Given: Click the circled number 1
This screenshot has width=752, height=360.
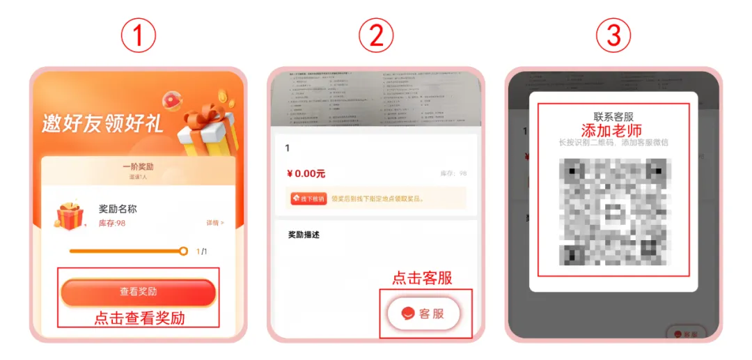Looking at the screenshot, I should tap(138, 35).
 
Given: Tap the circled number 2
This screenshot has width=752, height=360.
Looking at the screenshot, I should tap(376, 35).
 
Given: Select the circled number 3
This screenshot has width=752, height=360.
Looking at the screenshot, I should tap(613, 35).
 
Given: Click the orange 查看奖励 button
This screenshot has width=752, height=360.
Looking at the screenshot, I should tap(138, 292).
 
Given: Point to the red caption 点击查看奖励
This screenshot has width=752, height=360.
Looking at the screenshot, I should tap(139, 318).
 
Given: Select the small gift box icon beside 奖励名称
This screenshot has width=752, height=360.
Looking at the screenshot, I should tap(70, 216).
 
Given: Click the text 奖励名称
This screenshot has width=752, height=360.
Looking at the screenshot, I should tap(118, 209).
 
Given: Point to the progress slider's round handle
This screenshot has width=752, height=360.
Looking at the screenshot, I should tap(183, 251).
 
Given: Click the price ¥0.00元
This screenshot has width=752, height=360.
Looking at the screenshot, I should tap(306, 173).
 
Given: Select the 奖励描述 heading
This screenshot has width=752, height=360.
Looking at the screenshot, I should tap(304, 235).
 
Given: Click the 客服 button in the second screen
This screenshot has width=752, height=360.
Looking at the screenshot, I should tap(425, 314).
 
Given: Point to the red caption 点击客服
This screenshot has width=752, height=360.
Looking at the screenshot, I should tap(422, 278).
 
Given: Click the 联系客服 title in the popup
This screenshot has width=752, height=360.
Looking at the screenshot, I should tap(613, 117).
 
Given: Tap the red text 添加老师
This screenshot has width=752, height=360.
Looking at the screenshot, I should tap(611, 130).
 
